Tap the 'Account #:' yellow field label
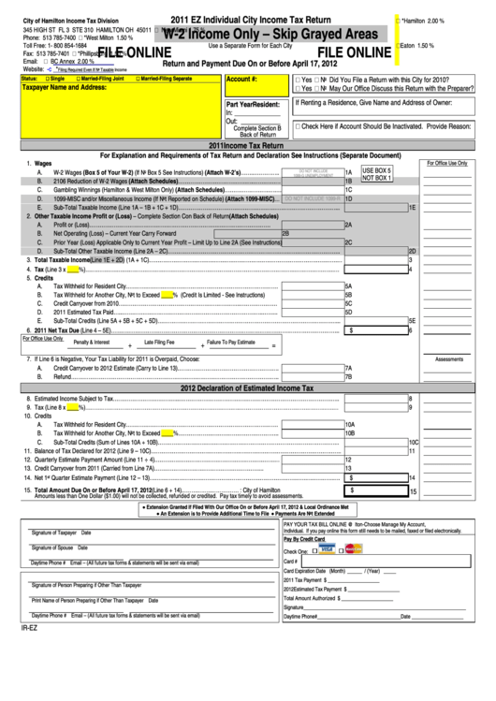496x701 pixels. pos(241,80)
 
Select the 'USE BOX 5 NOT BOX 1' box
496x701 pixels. pos(377,173)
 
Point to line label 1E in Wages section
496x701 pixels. pos(412,207)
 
